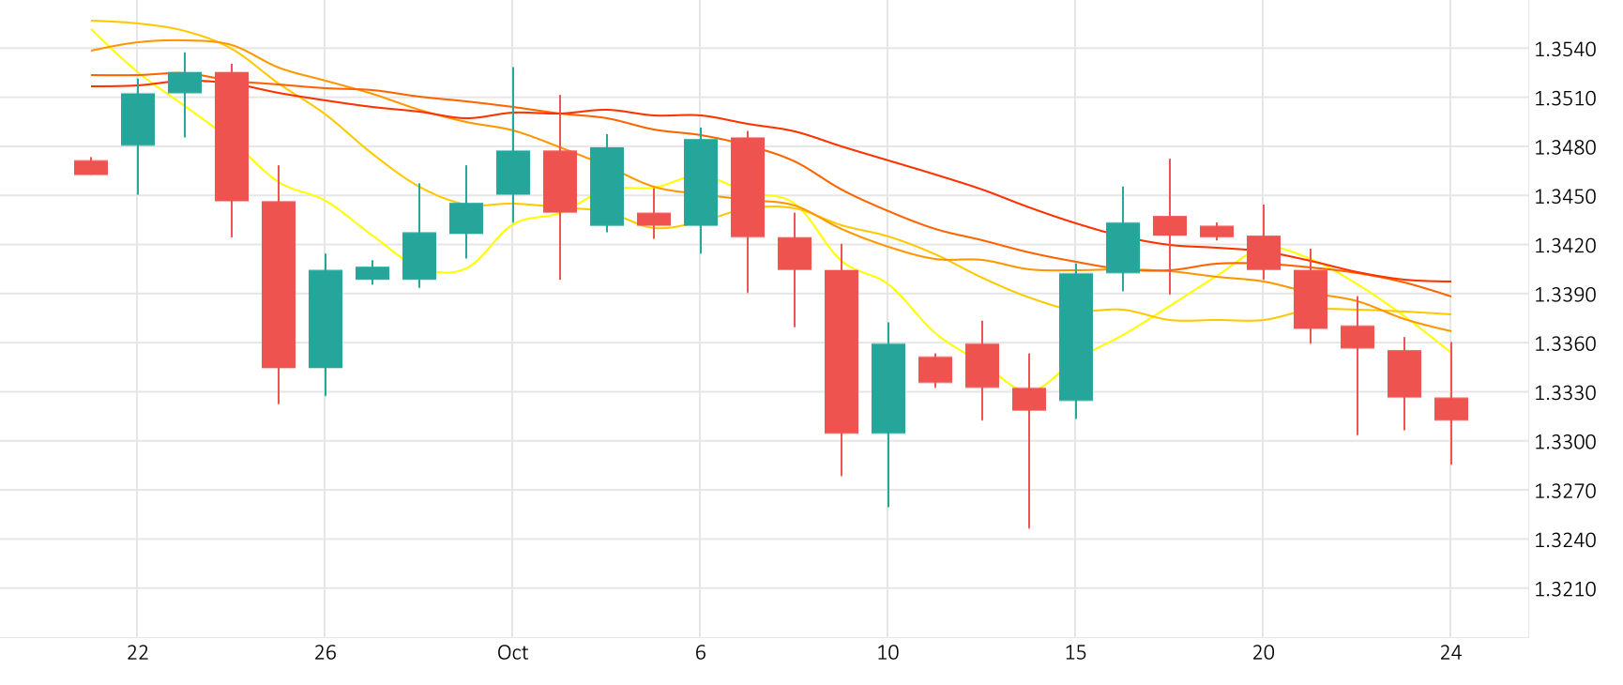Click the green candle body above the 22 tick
(x=138, y=119)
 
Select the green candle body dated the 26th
(x=326, y=319)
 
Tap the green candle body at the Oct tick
(x=513, y=173)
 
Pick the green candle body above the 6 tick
(x=701, y=182)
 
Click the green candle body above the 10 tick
(x=888, y=388)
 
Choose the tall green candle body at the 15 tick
(x=1076, y=337)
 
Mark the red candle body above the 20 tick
(x=1264, y=252)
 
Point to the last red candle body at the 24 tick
(x=1451, y=408)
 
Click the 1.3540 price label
(x=1565, y=50)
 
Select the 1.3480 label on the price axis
(x=1565, y=147)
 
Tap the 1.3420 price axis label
(x=1565, y=246)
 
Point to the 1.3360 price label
(x=1565, y=343)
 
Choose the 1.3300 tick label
(x=1565, y=442)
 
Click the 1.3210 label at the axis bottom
(x=1565, y=589)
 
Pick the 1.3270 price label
(x=1565, y=491)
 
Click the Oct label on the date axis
(x=513, y=653)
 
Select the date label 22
(x=138, y=653)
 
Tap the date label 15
(x=1076, y=653)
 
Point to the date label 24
(x=1451, y=653)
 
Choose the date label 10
(x=888, y=653)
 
